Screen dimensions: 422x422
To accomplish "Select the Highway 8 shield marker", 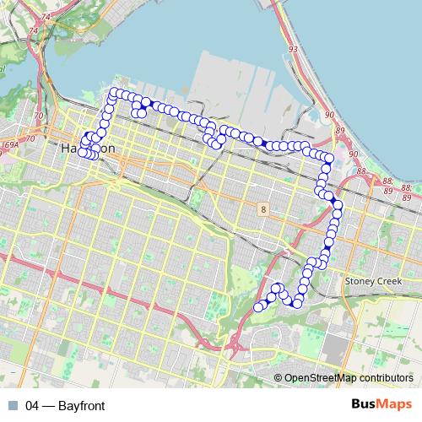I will point(264,208).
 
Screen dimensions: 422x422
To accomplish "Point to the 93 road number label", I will point(292,51).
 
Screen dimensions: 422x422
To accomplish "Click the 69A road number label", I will point(10,146).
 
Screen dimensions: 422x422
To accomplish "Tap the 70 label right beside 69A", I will point(30,138).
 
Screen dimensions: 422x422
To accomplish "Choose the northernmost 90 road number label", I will point(328,114).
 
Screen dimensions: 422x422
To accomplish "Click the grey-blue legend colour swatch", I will point(12,406).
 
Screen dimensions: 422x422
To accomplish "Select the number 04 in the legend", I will point(33,406).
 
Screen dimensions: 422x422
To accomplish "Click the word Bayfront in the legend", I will point(82,406).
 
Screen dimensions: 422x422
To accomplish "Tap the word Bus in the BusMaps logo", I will point(364,405).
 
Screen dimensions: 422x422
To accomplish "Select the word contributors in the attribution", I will point(386,378).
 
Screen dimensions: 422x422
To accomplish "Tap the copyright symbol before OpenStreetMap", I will point(278,378).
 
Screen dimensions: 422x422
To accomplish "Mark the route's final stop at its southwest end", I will point(258,307).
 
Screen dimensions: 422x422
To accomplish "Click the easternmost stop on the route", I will point(338,204).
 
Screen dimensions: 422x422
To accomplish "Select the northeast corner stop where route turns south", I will point(329,159).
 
